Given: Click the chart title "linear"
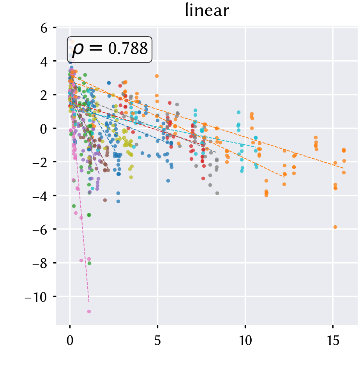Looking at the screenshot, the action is point(207,10).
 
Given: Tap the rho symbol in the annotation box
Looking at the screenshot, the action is point(78,49).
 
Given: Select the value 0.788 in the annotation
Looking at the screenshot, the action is point(128,48).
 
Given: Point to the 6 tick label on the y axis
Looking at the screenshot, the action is point(44,28).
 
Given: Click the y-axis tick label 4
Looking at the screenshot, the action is point(44,62).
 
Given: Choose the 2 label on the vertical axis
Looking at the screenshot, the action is point(44,95).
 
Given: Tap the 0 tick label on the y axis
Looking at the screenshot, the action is point(44,129).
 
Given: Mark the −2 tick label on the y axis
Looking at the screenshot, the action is point(40,163).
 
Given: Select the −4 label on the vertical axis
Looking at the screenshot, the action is point(40,196).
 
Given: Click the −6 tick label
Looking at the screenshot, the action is point(40,230).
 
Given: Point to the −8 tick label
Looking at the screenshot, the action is point(40,263).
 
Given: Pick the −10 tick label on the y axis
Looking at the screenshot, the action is point(36,297).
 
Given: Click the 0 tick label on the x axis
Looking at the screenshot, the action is point(70,341).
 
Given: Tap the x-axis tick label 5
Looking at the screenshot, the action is point(157,341).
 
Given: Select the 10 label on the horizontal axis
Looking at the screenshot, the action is point(245,341).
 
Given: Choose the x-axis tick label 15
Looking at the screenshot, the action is point(333,341).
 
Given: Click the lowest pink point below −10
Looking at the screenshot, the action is point(89,311).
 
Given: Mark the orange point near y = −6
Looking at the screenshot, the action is point(335,227).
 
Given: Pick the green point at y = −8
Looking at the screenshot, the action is point(89,263).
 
